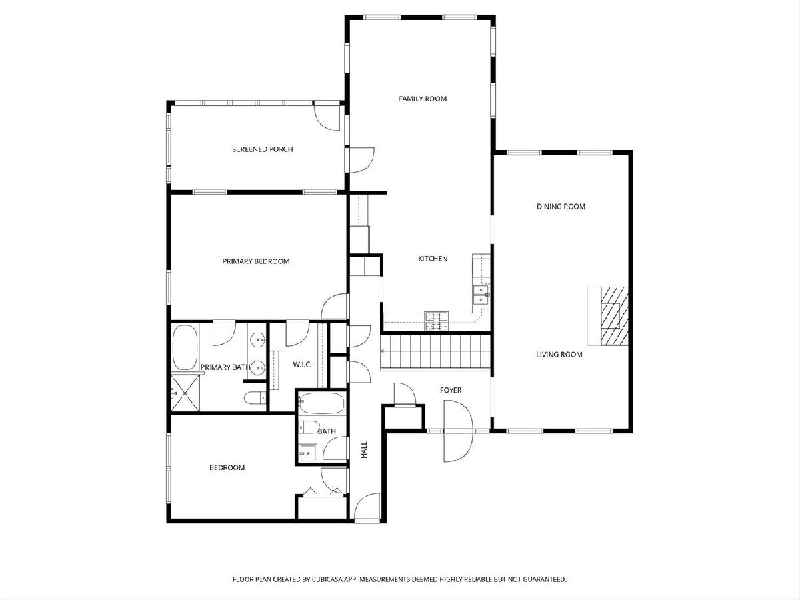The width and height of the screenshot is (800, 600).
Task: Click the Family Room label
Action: [423, 99]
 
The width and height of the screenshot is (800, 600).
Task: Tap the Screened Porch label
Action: [263, 149]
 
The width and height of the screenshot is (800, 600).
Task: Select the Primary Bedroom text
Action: [256, 261]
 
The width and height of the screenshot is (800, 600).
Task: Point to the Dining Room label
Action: [561, 207]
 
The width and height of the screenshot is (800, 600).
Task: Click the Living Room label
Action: [559, 354]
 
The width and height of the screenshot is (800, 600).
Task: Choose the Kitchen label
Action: [432, 259]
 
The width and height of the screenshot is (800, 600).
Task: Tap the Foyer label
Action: [451, 390]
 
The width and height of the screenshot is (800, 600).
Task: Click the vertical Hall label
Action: [364, 450]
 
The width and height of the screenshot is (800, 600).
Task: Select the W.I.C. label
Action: [302, 364]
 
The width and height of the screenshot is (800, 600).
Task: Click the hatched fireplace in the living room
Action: [615, 316]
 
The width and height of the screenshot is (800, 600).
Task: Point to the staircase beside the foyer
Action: [435, 352]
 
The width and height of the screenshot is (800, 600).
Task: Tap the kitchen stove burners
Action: [436, 321]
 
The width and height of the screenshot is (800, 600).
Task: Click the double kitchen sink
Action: [481, 295]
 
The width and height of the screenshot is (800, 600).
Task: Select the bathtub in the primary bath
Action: [185, 347]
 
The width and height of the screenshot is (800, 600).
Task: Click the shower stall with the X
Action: [185, 393]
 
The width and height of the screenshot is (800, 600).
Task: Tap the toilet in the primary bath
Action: [255, 398]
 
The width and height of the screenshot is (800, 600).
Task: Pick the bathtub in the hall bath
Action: [321, 403]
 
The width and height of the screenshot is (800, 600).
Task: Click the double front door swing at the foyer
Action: [458, 431]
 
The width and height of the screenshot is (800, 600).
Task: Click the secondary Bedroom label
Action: [227, 467]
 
